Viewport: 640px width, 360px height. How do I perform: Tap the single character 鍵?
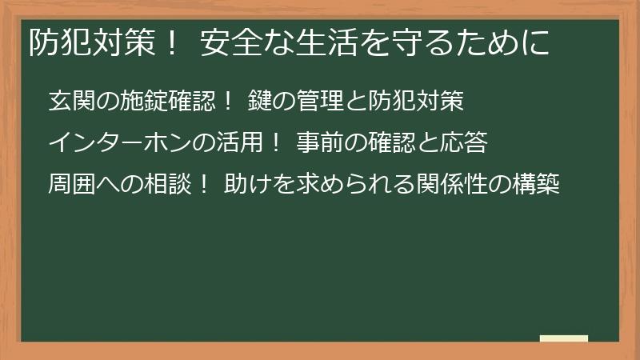258,102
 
